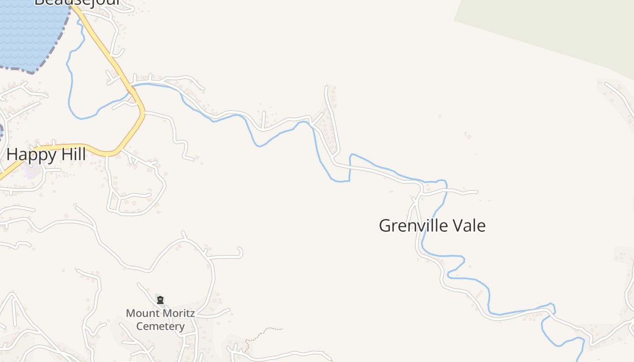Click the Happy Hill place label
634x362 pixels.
(46, 155)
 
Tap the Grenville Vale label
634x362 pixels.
(432, 225)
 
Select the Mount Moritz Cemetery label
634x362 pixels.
(160, 319)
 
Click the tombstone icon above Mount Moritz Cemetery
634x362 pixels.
(160, 300)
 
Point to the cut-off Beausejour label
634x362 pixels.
(77, 3)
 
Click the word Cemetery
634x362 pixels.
(160, 326)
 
